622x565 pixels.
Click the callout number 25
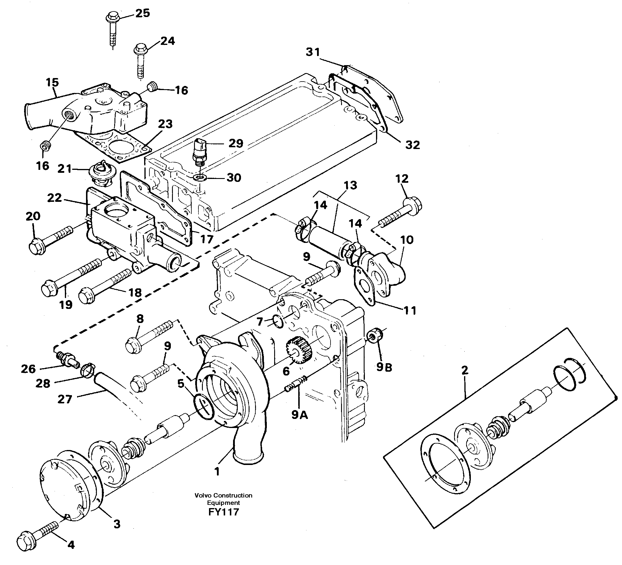(x=143, y=13)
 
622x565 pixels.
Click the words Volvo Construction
(x=223, y=495)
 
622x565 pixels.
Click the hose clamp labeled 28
(x=88, y=371)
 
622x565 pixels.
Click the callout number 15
(x=53, y=82)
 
